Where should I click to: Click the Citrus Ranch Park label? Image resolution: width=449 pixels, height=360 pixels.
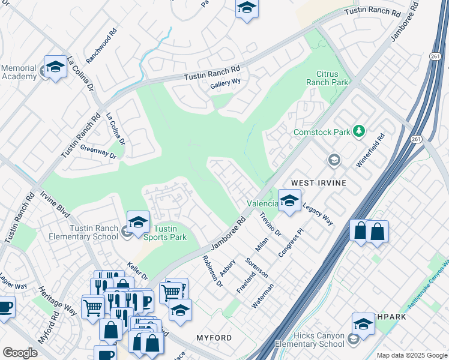coord(327,77)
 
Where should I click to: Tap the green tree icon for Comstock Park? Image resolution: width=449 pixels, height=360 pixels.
coord(359,130)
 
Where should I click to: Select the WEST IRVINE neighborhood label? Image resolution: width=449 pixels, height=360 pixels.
coord(319,182)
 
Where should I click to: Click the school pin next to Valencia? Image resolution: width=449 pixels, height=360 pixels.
coord(289,200)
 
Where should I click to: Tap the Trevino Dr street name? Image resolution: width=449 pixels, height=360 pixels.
coord(270,224)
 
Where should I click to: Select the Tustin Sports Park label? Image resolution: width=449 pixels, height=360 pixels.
coord(170,233)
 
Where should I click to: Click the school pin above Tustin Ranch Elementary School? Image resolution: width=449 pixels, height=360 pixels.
coord(138,221)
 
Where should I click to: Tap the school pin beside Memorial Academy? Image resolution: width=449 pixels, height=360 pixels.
coord(55,67)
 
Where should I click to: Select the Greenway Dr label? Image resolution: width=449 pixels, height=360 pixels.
coord(97,152)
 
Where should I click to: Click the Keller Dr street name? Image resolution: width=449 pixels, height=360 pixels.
coord(137,270)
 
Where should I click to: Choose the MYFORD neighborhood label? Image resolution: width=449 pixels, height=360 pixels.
coord(214,338)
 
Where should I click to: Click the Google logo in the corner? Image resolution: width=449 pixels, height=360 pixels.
coord(20,353)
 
